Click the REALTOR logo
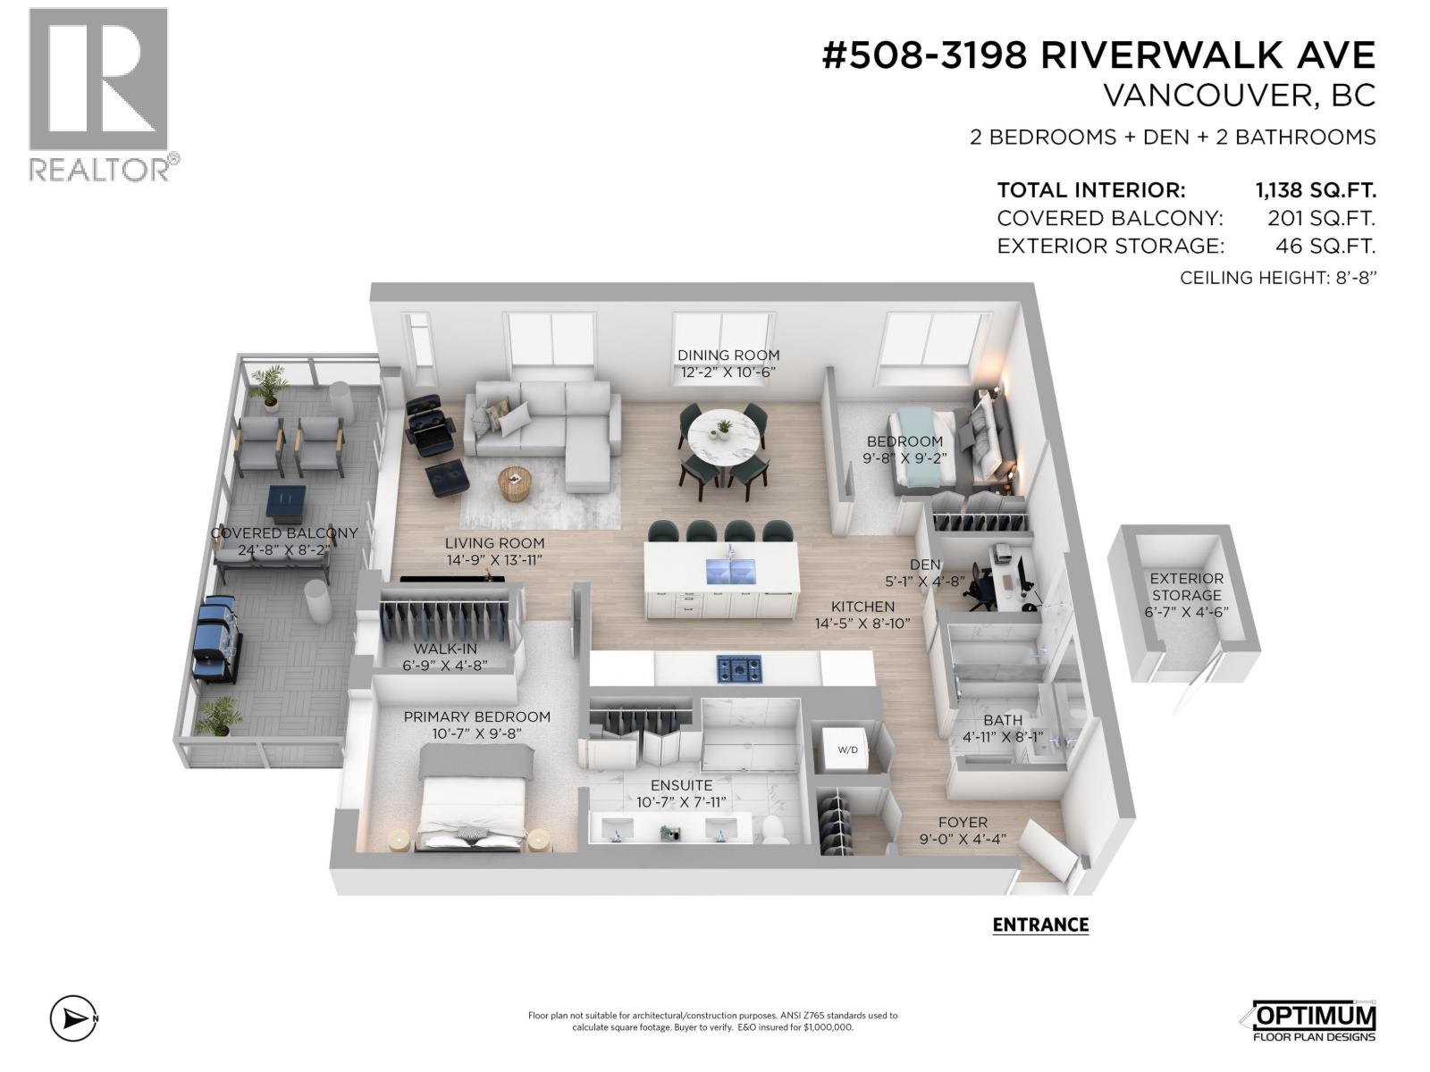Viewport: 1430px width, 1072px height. pos(98,94)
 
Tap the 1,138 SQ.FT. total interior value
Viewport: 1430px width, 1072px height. pos(1315,190)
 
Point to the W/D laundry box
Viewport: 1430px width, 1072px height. pos(847,749)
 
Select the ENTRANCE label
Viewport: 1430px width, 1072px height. pos(1040,925)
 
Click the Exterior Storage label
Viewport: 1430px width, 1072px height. pos(1186,587)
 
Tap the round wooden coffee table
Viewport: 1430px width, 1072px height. pos(514,483)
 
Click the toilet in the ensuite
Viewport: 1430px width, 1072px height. pos(771,829)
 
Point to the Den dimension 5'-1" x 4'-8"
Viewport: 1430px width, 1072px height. pos(924,581)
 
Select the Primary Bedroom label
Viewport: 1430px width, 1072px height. pos(476,716)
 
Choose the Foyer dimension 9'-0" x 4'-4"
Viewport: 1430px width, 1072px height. pos(963,839)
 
